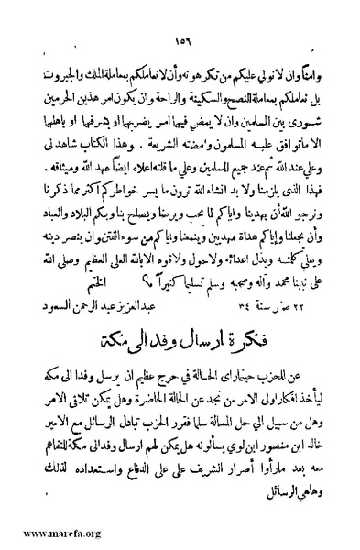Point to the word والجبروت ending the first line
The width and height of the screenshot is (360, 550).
(66, 74)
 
